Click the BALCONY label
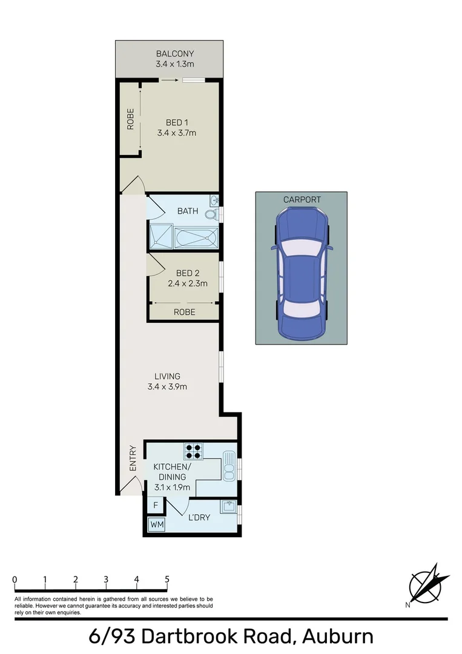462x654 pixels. (x=174, y=53)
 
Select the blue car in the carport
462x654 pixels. (x=301, y=272)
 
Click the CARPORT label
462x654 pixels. (x=302, y=199)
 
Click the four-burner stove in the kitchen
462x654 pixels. (x=194, y=451)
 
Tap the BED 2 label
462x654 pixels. (x=188, y=272)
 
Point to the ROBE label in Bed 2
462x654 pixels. (x=184, y=312)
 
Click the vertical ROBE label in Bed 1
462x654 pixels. (x=130, y=119)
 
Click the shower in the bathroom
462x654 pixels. (x=162, y=237)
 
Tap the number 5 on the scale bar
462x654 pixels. (x=167, y=580)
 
